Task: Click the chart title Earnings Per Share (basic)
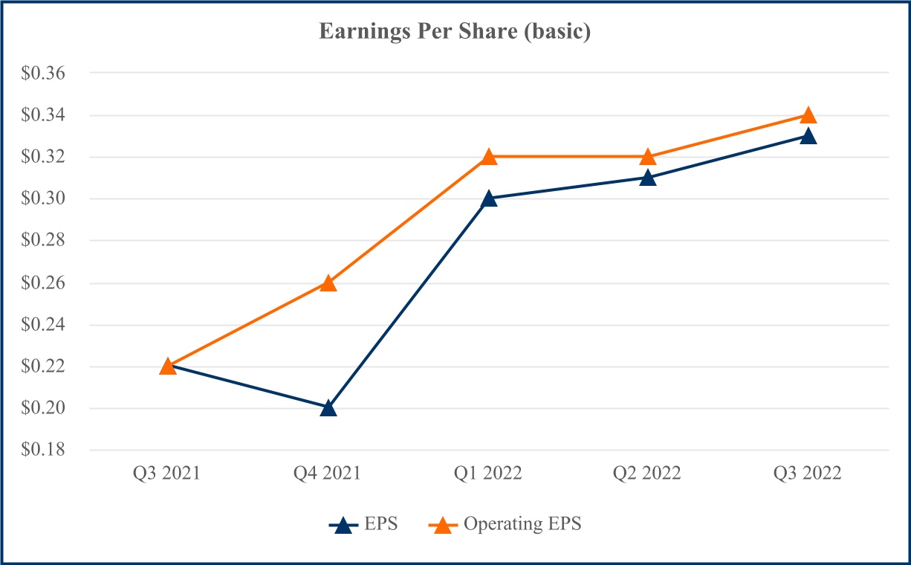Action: [x=455, y=33]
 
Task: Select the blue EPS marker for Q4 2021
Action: [x=328, y=408]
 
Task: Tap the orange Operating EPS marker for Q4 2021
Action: [x=328, y=283]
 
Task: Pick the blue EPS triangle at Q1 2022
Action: [x=489, y=198]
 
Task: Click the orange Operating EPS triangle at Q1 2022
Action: [x=489, y=157]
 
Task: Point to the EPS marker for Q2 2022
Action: [x=648, y=178]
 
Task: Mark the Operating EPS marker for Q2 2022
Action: [x=648, y=157]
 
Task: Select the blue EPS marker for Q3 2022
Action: [x=808, y=136]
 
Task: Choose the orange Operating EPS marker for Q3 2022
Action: [x=808, y=115]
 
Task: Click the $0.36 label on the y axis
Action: [x=44, y=74]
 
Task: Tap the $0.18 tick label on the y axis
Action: [x=44, y=451]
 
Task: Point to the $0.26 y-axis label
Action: [x=44, y=283]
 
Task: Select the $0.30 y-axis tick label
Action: [x=44, y=199]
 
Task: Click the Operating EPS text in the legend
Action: [x=522, y=524]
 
